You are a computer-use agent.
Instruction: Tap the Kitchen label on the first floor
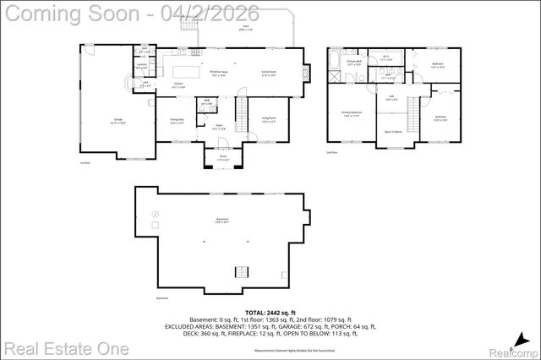[x=179, y=85]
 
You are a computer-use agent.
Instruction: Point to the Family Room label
[x=270, y=74]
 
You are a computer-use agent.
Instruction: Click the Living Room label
[x=270, y=120]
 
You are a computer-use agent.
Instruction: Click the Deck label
[x=246, y=29]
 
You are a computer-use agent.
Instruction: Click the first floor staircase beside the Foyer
[x=239, y=114]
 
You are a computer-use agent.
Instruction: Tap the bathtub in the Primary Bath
[x=336, y=60]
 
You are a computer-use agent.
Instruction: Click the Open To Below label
[x=393, y=131]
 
